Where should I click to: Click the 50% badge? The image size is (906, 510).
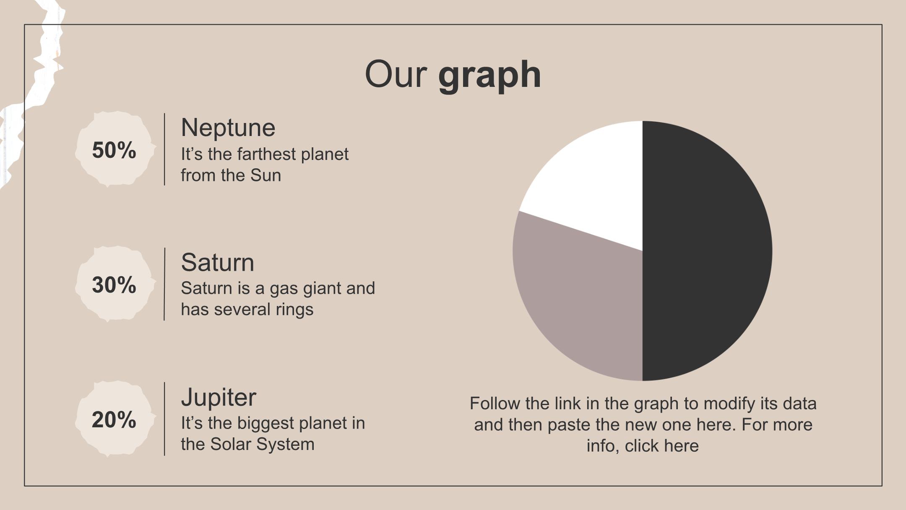coord(115,149)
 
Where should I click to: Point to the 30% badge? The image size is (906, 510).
coord(115,284)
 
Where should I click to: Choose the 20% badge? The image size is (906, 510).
coord(115,419)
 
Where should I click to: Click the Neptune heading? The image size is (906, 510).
coord(228,127)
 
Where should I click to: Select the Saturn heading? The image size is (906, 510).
coord(218,262)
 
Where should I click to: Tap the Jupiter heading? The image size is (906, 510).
coord(219,397)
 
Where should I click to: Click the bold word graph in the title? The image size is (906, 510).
coord(489,75)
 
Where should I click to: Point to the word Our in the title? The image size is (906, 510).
coord(396,74)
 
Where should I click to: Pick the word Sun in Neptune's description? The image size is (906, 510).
coord(266,175)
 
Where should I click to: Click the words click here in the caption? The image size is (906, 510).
coord(662,446)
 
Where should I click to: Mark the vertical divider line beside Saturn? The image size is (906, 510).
coord(164,284)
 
